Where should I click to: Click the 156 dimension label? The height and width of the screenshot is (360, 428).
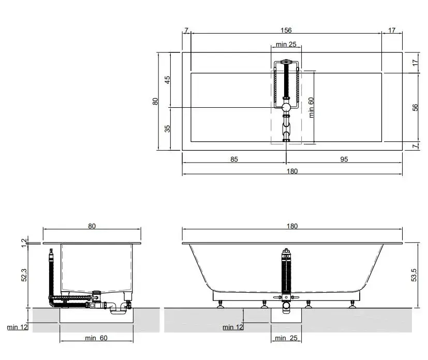click(x=286, y=30)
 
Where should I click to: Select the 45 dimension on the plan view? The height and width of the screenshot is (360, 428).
click(x=167, y=80)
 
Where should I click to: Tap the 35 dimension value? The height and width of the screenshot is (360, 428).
click(x=167, y=128)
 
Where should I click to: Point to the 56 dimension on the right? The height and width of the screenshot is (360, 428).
click(x=415, y=107)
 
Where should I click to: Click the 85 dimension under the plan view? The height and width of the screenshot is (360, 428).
click(x=234, y=159)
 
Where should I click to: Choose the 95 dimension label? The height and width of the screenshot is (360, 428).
click(x=344, y=159)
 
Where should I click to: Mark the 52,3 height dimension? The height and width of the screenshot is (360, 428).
click(x=24, y=275)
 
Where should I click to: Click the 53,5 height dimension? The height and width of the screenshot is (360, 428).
click(x=414, y=275)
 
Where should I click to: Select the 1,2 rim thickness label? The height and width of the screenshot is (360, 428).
click(x=24, y=243)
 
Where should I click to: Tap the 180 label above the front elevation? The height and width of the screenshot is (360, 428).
click(x=292, y=226)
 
